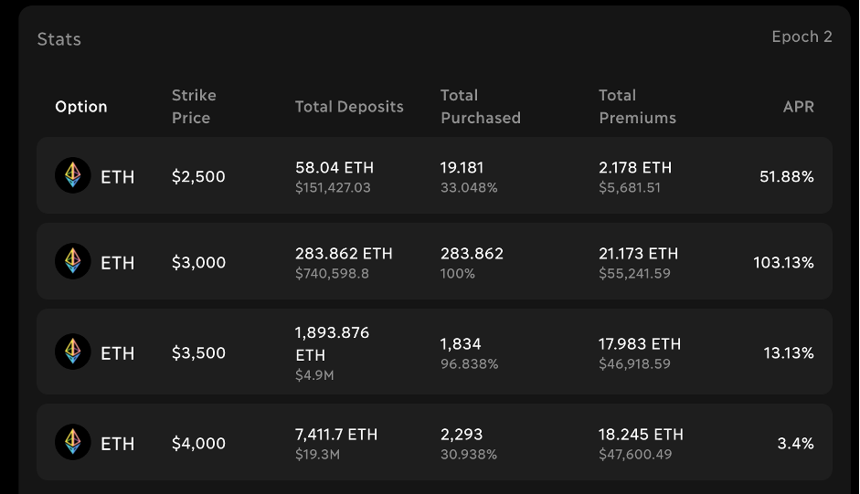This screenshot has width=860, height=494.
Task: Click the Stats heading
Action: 58,39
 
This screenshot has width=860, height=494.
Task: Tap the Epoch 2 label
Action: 802,37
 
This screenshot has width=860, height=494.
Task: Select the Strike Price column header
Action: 194,106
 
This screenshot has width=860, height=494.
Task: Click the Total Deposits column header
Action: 349,107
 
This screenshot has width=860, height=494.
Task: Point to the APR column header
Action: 798,107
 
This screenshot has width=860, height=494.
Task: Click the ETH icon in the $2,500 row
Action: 73,175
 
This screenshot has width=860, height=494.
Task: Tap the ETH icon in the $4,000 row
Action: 73,442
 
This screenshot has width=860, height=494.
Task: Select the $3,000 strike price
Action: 198,262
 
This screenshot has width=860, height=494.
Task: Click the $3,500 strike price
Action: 198,352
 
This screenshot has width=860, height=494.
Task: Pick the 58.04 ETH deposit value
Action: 334,167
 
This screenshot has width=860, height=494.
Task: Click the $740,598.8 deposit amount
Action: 332,273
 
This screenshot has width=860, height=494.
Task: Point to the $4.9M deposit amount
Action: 314,375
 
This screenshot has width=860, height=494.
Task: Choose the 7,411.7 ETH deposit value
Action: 336,434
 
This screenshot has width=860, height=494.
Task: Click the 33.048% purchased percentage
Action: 469,187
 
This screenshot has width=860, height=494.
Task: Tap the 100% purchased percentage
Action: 458,273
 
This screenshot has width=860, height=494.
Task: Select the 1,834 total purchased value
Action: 461,343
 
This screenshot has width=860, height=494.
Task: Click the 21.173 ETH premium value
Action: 639,253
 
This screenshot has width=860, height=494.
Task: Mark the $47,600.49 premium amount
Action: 635,454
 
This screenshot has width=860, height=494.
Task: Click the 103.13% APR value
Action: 783,262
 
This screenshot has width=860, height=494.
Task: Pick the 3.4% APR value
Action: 795,443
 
